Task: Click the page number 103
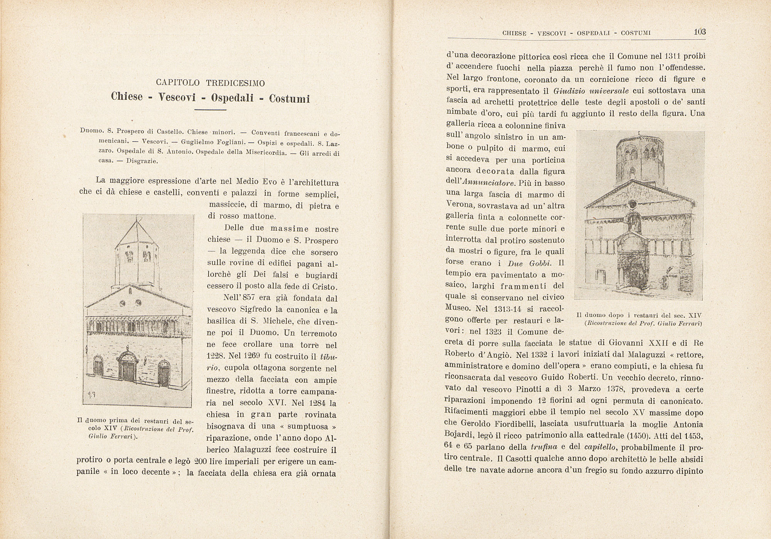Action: [700, 32]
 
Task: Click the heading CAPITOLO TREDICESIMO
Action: [210, 83]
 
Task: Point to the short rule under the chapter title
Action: [210, 111]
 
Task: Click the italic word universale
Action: [611, 91]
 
